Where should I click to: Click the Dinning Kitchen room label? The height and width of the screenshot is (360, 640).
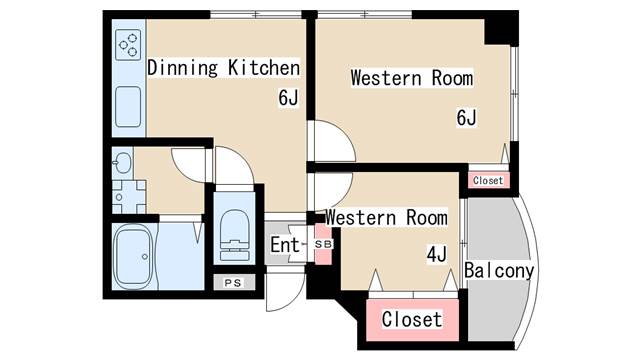coord(223,68)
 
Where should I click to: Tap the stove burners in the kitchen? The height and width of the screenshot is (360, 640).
coord(129,44)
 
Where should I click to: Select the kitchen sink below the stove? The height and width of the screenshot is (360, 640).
coord(127,107)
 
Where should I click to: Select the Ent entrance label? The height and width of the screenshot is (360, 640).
coord(284,244)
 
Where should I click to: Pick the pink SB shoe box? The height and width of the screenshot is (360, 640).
coord(322,244)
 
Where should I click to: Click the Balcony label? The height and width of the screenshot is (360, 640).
coord(499,270)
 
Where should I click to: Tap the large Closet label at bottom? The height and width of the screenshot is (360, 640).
coord(412,320)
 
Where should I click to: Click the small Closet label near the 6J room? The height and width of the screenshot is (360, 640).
coord(487,181)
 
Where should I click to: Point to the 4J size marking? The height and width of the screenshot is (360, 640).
coord(436,254)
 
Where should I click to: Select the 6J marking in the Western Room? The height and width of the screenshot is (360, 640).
coord(466,119)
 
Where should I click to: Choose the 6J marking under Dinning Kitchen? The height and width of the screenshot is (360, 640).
coord(289,98)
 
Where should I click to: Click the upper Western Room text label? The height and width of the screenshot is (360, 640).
coord(411,78)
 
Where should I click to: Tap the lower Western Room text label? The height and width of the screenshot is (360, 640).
coord(385,217)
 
